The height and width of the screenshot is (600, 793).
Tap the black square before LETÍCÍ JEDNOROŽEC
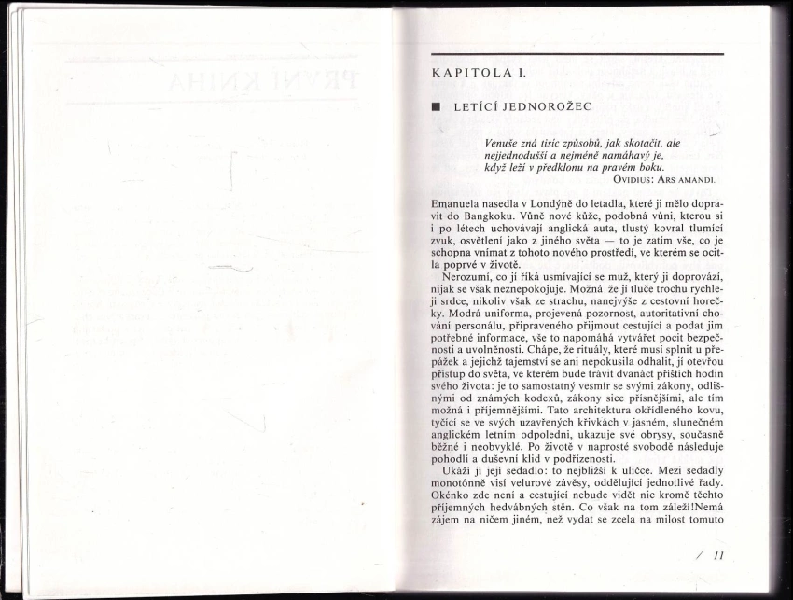[x=436, y=107]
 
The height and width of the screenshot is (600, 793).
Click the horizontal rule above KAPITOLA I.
[x=577, y=55]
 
